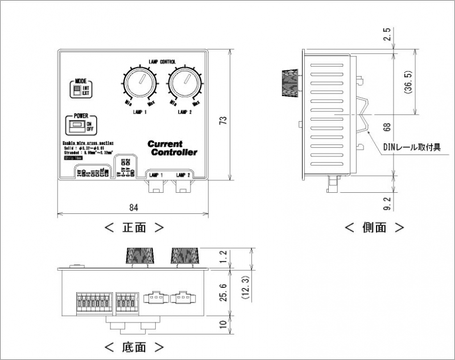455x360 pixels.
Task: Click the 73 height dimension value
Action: point(223,121)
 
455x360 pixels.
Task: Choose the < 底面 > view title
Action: point(134,346)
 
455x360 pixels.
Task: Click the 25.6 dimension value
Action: point(223,292)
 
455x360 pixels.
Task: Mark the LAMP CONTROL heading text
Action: point(162,61)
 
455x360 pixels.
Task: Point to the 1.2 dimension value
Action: point(223,258)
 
